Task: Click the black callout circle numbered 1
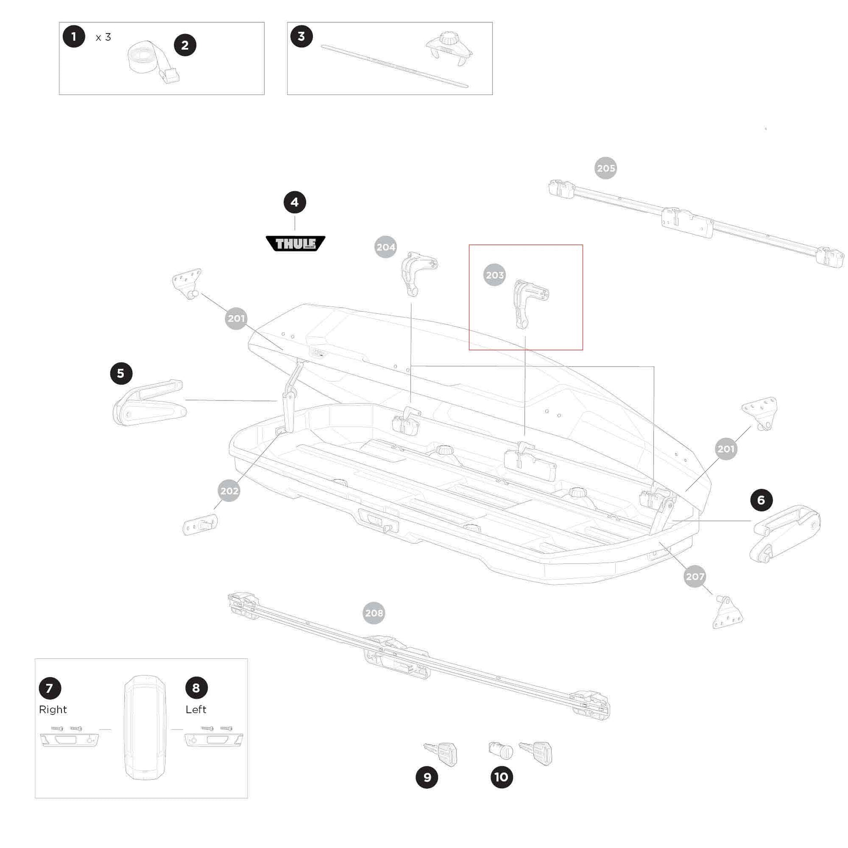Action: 74,37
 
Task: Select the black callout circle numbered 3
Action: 302,37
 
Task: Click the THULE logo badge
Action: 295,243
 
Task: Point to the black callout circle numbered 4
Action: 295,202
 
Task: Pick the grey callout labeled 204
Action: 386,247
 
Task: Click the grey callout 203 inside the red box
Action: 495,275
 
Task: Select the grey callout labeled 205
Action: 606,168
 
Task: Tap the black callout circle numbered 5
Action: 121,373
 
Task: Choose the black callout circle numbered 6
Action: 762,500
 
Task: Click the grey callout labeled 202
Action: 229,491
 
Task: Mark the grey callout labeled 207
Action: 695,577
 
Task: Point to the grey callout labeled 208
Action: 374,613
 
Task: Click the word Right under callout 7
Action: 53,710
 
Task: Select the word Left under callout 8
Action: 196,710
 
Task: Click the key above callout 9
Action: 441,753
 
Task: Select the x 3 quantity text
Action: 104,37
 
